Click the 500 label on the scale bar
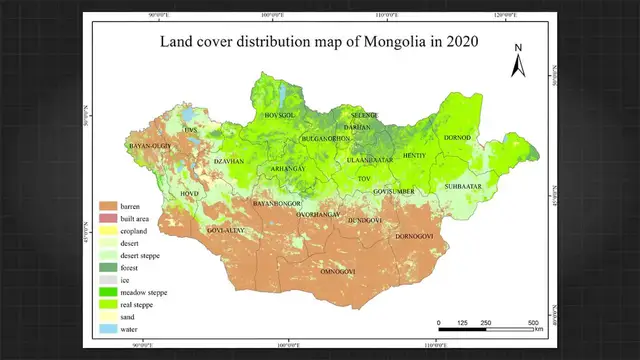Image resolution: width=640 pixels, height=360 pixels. (534, 322)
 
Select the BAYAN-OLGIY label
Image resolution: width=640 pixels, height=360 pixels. (151, 147)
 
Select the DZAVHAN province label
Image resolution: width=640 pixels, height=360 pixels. (229, 161)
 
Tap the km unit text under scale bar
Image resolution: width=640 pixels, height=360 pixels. (538, 329)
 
